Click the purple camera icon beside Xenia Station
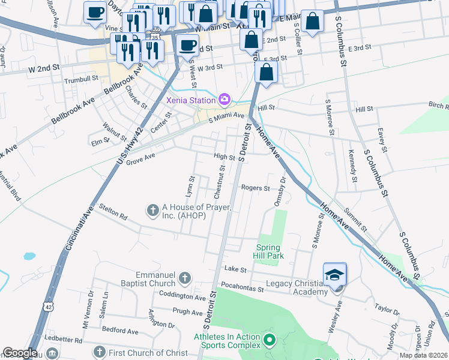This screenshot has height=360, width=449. (x=224, y=99)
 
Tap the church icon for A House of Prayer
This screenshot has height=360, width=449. (x=153, y=210)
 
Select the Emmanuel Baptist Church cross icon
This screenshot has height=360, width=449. (x=185, y=278)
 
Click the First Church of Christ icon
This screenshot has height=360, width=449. (x=99, y=351)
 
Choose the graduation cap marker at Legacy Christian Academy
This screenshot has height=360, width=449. (x=335, y=275)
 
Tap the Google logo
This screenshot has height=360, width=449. (x=19, y=353)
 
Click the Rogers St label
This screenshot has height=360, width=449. (x=255, y=188)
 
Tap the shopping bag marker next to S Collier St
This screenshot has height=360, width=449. (x=312, y=22)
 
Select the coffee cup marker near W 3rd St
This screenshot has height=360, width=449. (x=187, y=45)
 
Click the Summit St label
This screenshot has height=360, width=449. (x=356, y=220)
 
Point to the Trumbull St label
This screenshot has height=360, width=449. (x=81, y=79)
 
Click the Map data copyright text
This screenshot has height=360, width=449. (x=424, y=355)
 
